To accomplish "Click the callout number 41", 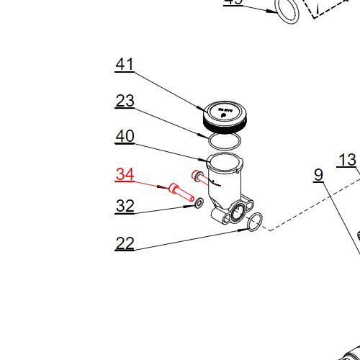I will (x=125, y=65).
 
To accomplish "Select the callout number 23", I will (x=125, y=101).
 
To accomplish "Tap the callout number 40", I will (x=125, y=136).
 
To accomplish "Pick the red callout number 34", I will (x=125, y=174).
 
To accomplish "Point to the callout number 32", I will (x=125, y=207).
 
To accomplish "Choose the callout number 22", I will (x=125, y=244).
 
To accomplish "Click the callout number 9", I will (x=318, y=175).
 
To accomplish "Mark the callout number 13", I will (x=347, y=160).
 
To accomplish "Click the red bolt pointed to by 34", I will (x=181, y=192).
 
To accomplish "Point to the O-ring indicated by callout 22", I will (x=253, y=223).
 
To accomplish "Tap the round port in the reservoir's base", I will (x=235, y=212).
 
